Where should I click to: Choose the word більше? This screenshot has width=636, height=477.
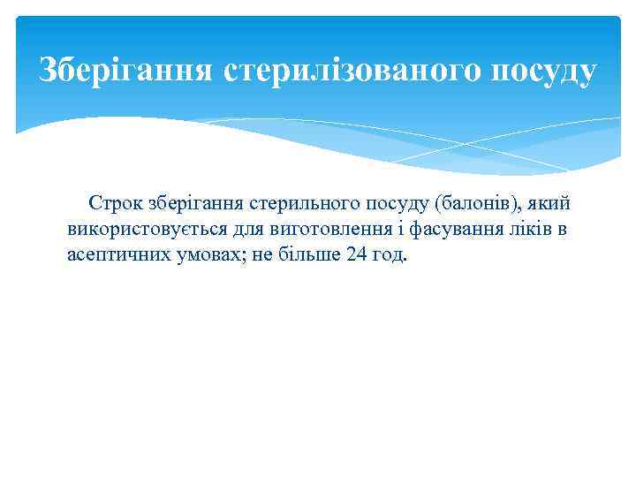tap(306, 256)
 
